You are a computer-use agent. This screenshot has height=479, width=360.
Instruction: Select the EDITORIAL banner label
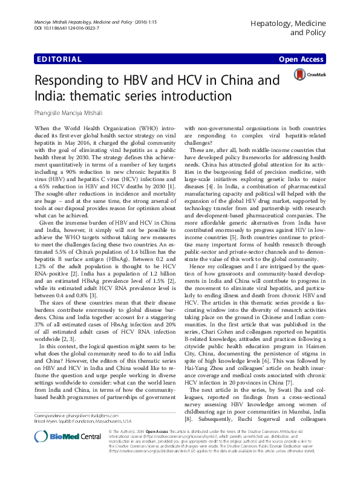coord(59,59)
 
